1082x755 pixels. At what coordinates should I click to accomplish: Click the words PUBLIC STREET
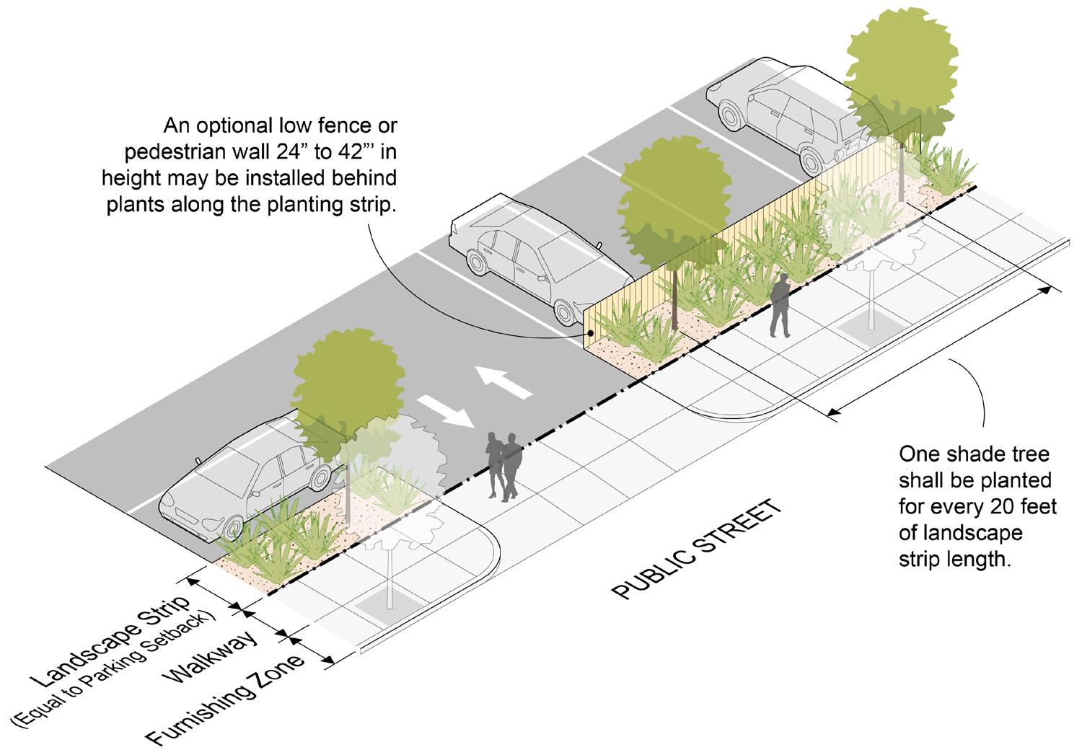[696, 549]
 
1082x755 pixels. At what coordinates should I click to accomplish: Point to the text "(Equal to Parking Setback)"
[115, 666]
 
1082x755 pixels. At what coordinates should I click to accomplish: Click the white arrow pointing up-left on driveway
[502, 380]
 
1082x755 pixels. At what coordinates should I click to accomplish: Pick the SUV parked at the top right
[783, 115]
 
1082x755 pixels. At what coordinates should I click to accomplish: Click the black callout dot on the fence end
[590, 333]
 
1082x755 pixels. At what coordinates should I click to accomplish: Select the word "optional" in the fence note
[243, 126]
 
